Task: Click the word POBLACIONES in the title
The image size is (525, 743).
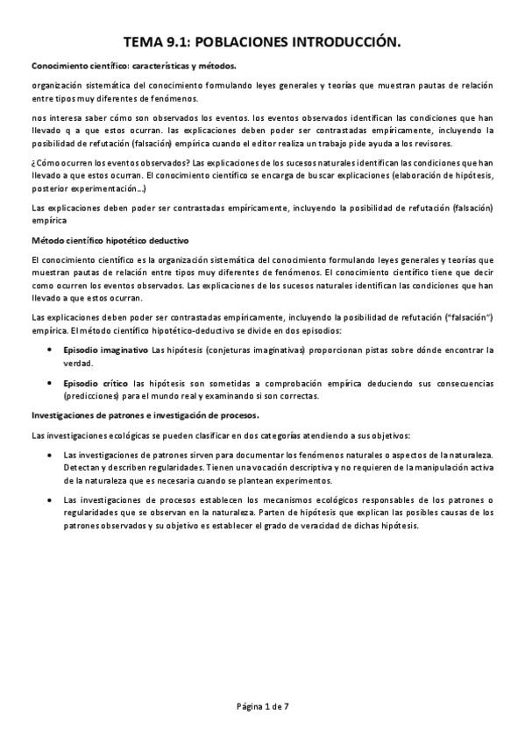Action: (241, 40)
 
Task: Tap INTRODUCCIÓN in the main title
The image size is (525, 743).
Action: (348, 40)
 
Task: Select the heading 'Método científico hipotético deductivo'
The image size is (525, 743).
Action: (109, 240)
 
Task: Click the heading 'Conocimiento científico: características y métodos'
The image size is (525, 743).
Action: (133, 66)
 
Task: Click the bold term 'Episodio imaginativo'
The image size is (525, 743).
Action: (106, 350)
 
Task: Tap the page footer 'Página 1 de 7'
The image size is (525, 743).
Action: (262, 706)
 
